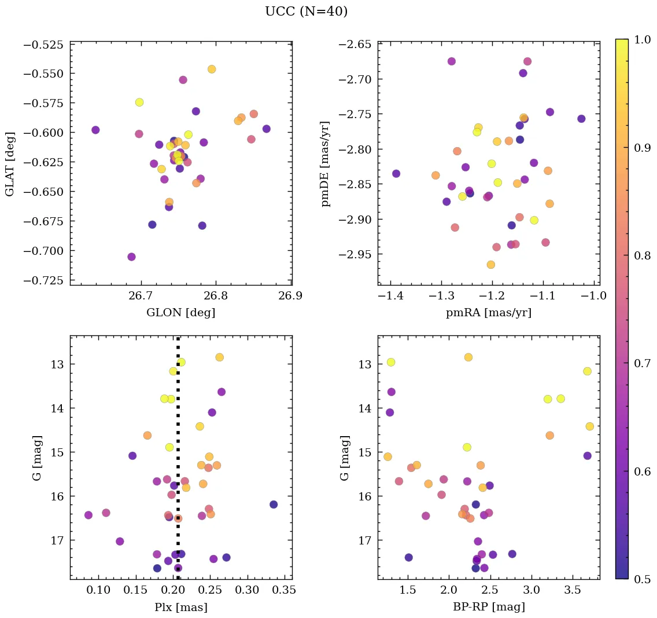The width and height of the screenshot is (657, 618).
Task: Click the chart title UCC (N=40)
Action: point(306,12)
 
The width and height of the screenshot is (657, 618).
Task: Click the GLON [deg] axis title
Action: point(180,313)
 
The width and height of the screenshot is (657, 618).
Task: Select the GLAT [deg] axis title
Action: point(10,163)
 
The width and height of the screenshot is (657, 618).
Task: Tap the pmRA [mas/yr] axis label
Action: point(488,313)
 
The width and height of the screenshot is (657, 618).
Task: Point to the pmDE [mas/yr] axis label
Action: point(326,163)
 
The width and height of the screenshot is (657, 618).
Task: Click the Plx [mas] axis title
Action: point(180,608)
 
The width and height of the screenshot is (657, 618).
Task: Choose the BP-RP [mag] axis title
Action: point(488,608)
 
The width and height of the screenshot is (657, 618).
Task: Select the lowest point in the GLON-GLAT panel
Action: point(131,257)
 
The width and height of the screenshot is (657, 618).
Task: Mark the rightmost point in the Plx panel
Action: point(274,504)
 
